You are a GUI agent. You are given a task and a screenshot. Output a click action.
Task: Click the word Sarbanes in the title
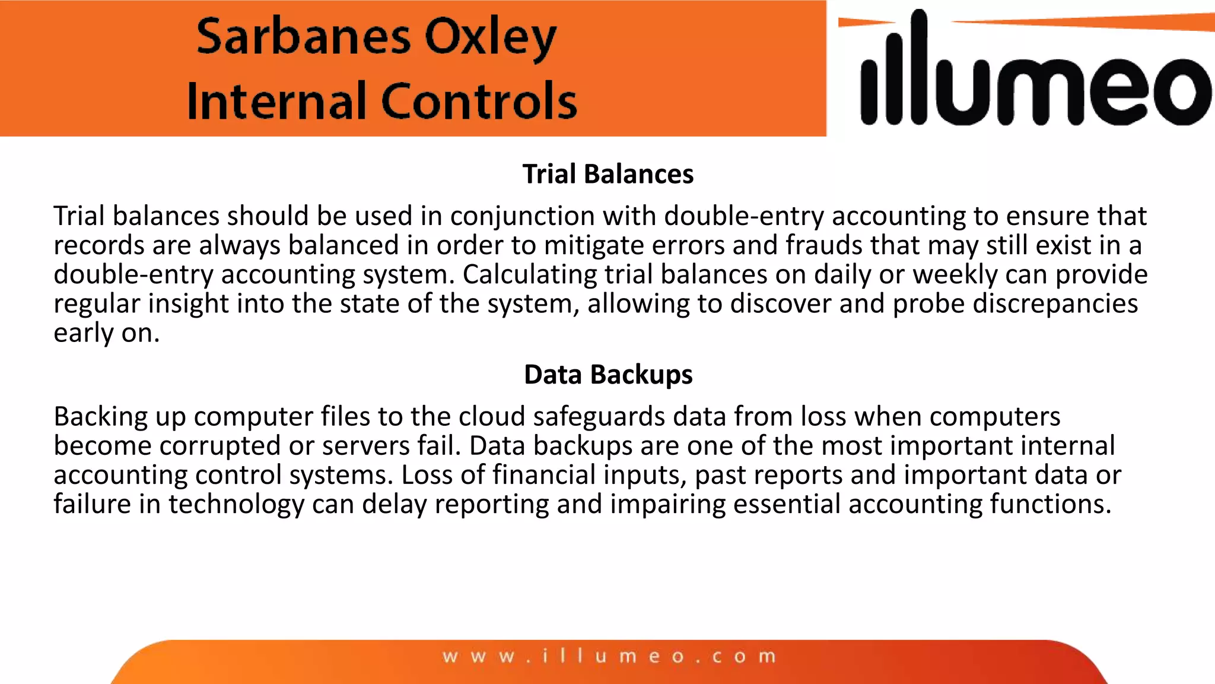[303, 37]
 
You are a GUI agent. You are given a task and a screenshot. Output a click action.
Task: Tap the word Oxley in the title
[491, 38]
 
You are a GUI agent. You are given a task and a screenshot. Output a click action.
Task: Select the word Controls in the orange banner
[479, 101]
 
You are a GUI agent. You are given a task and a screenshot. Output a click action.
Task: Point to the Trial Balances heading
[607, 174]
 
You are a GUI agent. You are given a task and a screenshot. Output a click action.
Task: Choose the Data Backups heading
[607, 375]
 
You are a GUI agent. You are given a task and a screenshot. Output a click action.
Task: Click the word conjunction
[522, 216]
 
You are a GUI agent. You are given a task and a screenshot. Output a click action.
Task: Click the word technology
[236, 504]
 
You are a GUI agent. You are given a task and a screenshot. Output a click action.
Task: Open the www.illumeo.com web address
[609, 657]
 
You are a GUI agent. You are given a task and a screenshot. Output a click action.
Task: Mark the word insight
[188, 303]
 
